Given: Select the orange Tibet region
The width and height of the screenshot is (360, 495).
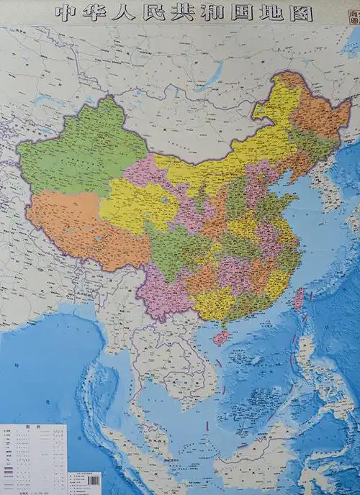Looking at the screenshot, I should pos(79,223).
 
